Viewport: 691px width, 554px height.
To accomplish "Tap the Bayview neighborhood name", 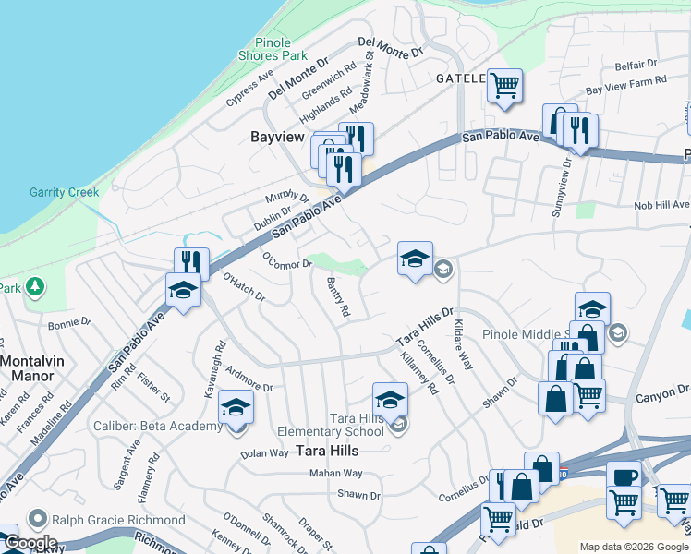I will pos(277,137).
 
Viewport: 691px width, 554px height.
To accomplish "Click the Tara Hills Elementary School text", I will pos(331,424).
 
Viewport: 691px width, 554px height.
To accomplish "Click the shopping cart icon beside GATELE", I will pos(504,85).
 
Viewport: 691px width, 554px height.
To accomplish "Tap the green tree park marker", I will pos(35,287).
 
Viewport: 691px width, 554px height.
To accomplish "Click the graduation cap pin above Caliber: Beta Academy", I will pos(236,408).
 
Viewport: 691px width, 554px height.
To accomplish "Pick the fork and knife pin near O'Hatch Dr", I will pos(191,262).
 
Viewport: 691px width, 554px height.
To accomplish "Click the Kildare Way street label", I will pos(464,344).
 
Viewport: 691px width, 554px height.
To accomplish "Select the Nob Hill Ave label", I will pos(661,205).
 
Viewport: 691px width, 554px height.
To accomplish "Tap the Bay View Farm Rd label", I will pos(626,86).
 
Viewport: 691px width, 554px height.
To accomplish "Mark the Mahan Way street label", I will pos(335,473).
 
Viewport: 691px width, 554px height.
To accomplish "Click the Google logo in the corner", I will pos(30,543).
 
